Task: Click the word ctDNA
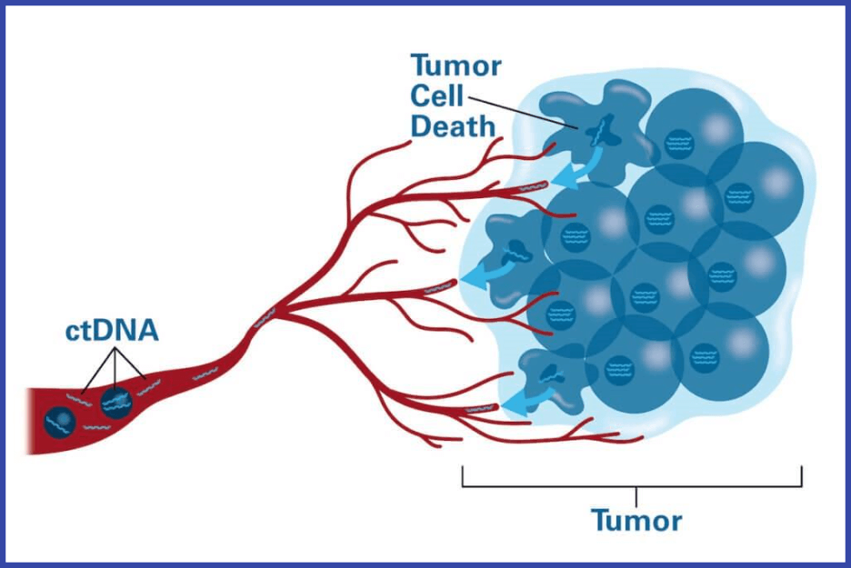112,331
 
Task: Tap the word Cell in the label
437,96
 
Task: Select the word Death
453,127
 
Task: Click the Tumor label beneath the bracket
636,520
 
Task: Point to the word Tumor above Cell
456,66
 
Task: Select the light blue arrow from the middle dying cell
486,273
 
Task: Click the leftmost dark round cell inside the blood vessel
60,421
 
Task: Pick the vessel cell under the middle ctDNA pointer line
116,404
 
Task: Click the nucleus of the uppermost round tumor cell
679,144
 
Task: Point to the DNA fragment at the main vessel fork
265,317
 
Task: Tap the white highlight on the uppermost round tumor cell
717,128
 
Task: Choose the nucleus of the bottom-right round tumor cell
705,358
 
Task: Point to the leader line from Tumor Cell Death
523,113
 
